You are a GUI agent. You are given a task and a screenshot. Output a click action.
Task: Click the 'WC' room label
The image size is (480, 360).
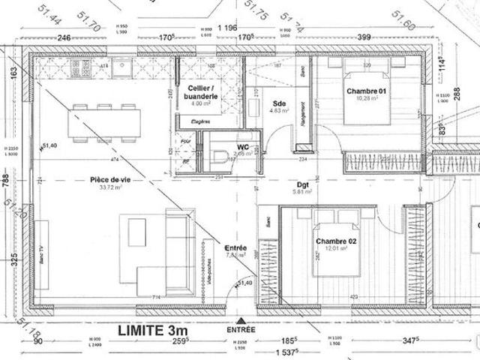coord(242,146)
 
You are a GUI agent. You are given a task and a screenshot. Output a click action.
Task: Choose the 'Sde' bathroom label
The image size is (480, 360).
coord(280,103)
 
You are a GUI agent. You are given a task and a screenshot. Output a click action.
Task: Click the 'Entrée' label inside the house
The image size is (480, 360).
coord(235,248)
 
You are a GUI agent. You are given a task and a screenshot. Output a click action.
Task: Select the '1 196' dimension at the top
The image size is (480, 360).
coord(226,28)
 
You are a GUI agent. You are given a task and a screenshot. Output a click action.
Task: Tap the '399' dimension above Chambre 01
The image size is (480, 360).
coord(364,37)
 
